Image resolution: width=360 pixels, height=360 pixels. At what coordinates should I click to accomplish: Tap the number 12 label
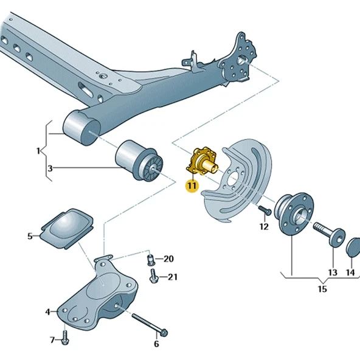[x=263, y=227]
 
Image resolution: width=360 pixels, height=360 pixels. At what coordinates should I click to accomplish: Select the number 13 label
[x=333, y=272]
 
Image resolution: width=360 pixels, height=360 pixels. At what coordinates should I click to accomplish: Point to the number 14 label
[x=351, y=272]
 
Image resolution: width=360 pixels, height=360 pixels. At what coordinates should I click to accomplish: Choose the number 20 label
[x=168, y=259]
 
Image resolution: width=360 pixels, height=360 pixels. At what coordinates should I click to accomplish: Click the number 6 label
[x=156, y=344]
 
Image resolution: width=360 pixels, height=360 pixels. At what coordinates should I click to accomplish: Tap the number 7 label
[x=52, y=339]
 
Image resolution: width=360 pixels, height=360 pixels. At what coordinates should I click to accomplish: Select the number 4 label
[x=47, y=313]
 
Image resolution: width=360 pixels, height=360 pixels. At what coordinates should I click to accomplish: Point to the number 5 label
[x=30, y=236]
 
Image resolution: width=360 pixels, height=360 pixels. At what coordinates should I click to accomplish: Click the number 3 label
[x=50, y=167]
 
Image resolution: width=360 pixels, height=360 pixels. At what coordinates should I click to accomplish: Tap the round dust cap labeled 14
[x=352, y=248]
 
